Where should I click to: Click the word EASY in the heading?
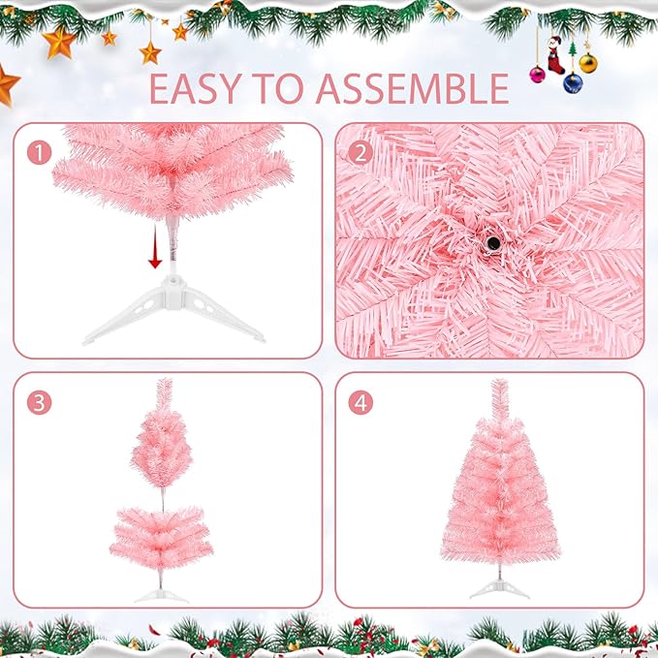click(x=200, y=88)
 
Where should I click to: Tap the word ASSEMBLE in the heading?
click(x=412, y=88)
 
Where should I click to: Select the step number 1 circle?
click(x=38, y=152)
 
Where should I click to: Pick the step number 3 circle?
click(x=38, y=404)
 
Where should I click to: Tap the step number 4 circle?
click(x=360, y=403)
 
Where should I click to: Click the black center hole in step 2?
click(x=492, y=242)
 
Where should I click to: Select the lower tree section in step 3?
click(x=160, y=539)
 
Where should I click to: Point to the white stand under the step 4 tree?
click(x=500, y=588)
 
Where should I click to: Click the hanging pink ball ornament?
click(x=537, y=74)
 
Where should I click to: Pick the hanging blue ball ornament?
click(x=574, y=83)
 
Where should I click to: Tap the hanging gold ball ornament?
click(x=588, y=64)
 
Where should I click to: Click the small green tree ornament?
click(x=572, y=48)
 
